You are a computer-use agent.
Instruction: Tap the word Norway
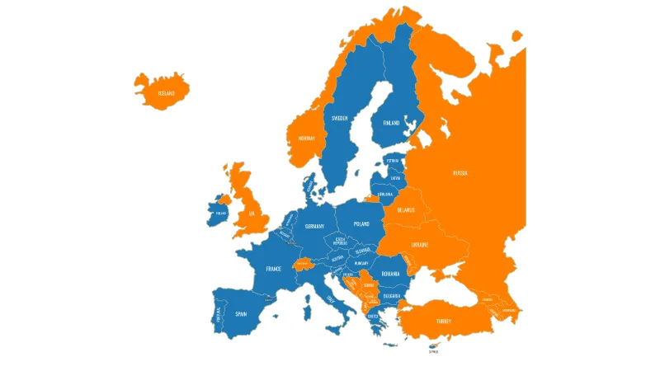(307, 139)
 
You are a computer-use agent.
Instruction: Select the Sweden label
(340, 118)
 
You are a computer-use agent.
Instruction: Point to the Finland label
(391, 123)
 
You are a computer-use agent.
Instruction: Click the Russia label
(460, 173)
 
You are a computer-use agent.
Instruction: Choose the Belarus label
(406, 209)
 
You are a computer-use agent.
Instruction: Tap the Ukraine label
(421, 244)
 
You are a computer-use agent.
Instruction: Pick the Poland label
(361, 223)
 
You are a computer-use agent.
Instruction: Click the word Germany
(314, 226)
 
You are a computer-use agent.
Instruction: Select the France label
(274, 269)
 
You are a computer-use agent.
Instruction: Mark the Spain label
(241, 313)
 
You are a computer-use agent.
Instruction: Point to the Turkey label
(444, 320)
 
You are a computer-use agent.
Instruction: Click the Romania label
(390, 273)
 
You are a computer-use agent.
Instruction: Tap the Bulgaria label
(392, 295)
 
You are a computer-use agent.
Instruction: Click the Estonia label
(393, 161)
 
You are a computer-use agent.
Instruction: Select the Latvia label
(395, 177)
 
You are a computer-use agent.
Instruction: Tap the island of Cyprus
(433, 345)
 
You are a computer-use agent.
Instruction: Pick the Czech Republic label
(340, 242)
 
